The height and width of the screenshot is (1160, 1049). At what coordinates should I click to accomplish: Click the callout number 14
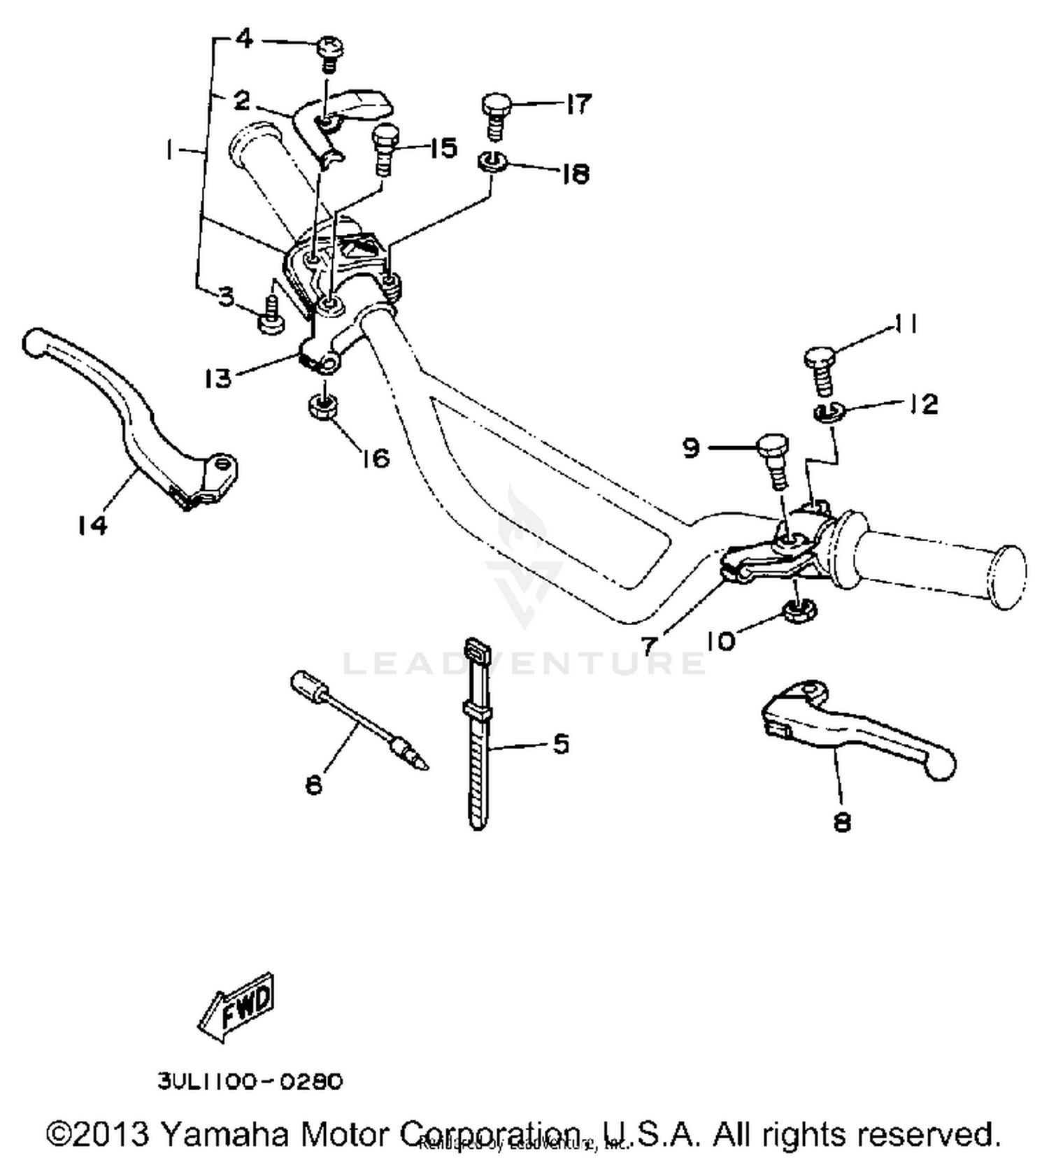click(92, 524)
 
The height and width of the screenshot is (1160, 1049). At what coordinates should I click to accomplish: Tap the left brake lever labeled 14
click(133, 413)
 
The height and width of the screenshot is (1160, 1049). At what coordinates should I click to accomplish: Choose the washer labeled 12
click(829, 412)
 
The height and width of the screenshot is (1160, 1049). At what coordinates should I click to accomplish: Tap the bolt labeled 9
click(773, 458)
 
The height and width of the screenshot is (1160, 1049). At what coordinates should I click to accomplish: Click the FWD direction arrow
click(236, 1007)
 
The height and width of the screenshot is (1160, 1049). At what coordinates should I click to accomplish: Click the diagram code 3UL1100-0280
click(250, 1082)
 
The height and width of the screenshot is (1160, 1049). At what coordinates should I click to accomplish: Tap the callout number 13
click(218, 378)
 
